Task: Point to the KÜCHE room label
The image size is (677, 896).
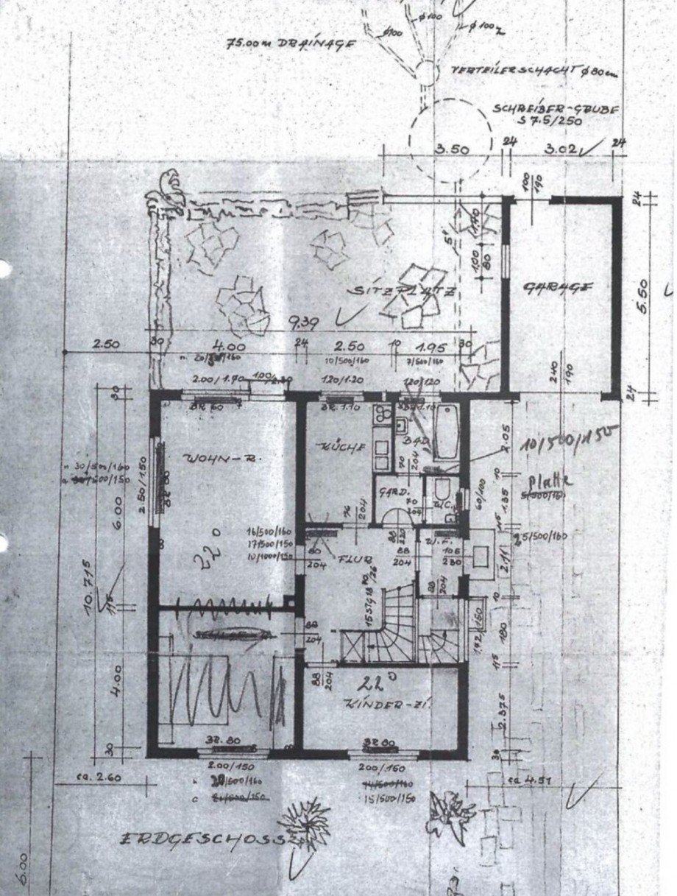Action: click(335, 447)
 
